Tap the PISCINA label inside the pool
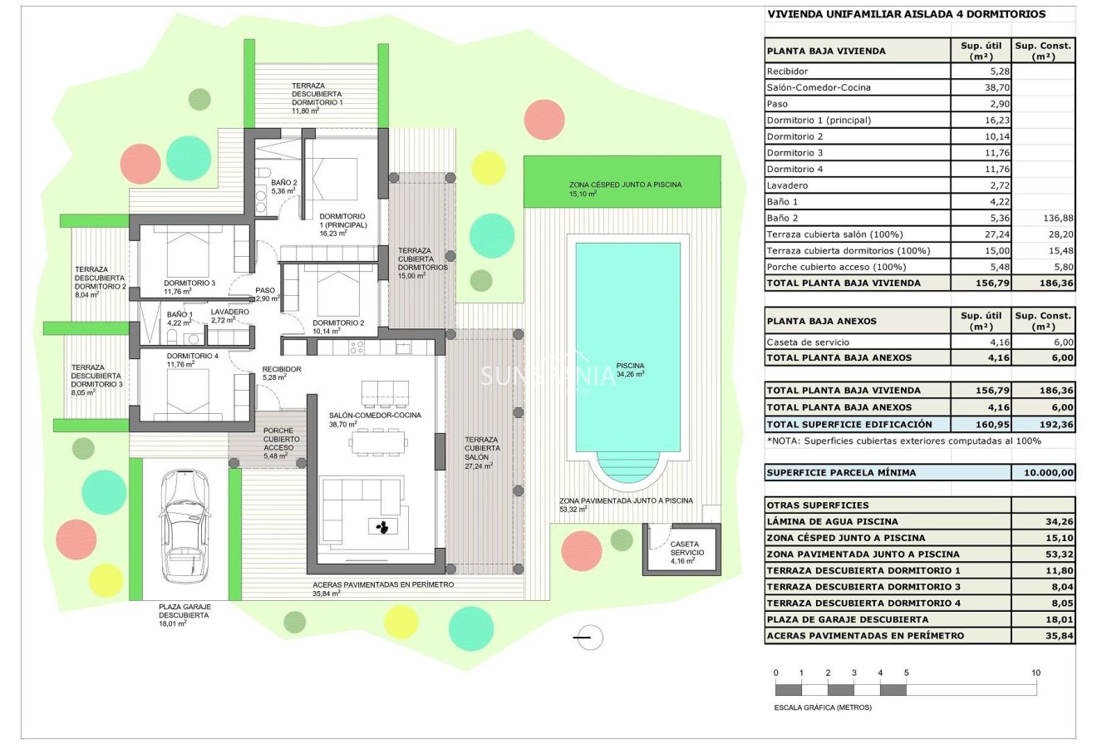pyautogui.click(x=630, y=366)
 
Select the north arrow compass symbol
pyautogui.click(x=588, y=638)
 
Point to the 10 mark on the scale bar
pyautogui.click(x=1036, y=673)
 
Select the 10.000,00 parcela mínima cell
pyautogui.click(x=1044, y=472)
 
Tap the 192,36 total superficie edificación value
pyautogui.click(x=1044, y=424)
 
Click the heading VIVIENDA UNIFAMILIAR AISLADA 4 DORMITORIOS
pyautogui.click(x=907, y=14)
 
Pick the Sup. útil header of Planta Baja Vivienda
pyautogui.click(x=981, y=50)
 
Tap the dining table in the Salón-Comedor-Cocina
pyautogui.click(x=378, y=441)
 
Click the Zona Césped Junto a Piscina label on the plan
pyautogui.click(x=625, y=185)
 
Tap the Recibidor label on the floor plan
pyautogui.click(x=281, y=369)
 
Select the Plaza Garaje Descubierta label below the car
pyautogui.click(x=184, y=611)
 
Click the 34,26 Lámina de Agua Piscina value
pyautogui.click(x=1044, y=521)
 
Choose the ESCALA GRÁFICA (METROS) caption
pyautogui.click(x=823, y=707)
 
